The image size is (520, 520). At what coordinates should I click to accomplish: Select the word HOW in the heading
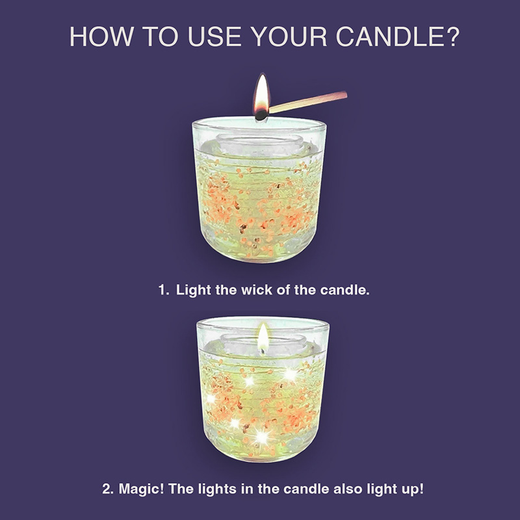102,36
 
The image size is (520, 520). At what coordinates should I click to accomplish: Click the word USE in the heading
215,36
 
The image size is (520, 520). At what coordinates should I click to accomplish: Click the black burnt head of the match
261,115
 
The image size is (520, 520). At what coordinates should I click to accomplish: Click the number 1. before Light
164,290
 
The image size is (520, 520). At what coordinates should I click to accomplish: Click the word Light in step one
193,290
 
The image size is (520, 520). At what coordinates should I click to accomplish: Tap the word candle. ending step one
345,290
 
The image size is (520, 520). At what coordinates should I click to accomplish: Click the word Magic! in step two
141,489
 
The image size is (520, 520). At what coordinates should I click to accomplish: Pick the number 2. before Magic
108,489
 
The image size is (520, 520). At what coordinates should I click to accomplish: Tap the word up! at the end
413,489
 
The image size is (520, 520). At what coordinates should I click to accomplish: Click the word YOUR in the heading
289,36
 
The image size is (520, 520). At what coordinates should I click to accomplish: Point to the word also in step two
347,489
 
